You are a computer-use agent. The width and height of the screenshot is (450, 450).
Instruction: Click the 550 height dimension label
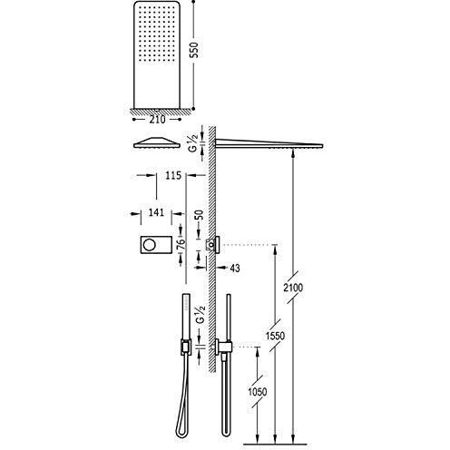195,50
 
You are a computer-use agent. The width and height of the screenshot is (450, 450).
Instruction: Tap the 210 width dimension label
157,120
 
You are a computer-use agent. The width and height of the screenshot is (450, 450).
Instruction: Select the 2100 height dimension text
293,288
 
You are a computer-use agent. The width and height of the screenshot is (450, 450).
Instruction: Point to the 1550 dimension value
275,336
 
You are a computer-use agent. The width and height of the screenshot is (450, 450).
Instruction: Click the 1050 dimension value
258,392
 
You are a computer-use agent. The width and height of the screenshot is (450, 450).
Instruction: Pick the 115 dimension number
173,175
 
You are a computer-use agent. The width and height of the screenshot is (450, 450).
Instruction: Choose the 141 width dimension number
156,212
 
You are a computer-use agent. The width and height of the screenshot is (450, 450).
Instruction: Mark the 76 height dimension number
181,243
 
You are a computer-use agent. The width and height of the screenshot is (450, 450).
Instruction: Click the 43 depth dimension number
235,268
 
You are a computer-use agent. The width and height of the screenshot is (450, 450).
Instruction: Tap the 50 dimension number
199,215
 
